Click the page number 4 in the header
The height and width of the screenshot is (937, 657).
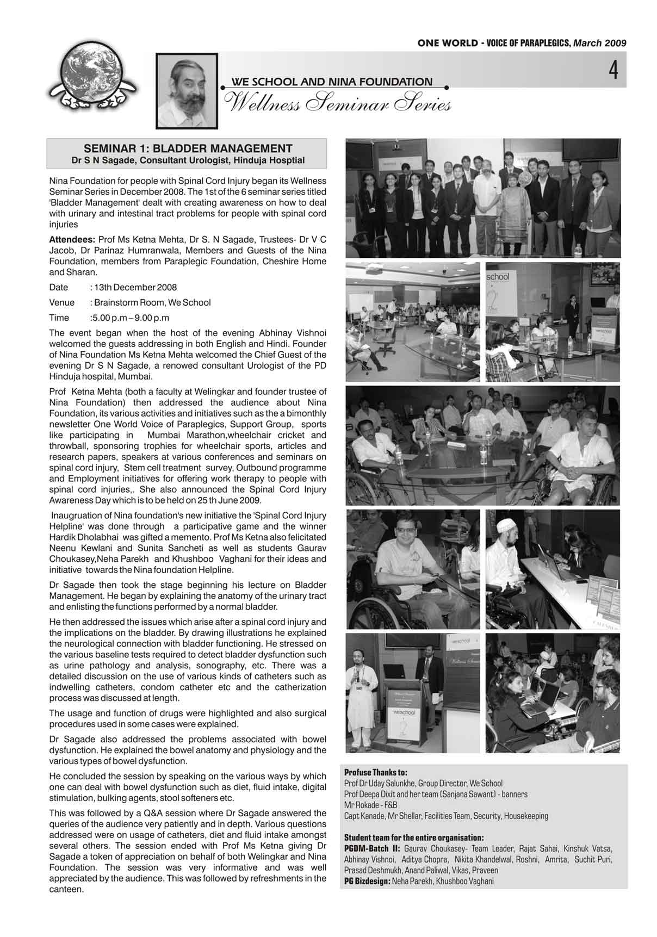[613, 71]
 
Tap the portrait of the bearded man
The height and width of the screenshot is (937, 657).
[186, 91]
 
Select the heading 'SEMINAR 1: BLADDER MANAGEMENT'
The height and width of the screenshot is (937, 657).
[188, 148]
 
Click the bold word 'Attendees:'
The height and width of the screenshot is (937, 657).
[72, 240]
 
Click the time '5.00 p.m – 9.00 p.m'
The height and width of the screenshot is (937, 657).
[131, 318]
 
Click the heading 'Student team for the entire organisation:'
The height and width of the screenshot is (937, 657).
[414, 837]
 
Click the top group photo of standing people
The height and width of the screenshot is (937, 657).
[482, 198]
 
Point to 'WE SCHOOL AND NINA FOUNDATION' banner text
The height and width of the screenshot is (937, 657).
[332, 82]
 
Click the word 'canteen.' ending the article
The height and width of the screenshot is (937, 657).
[66, 890]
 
